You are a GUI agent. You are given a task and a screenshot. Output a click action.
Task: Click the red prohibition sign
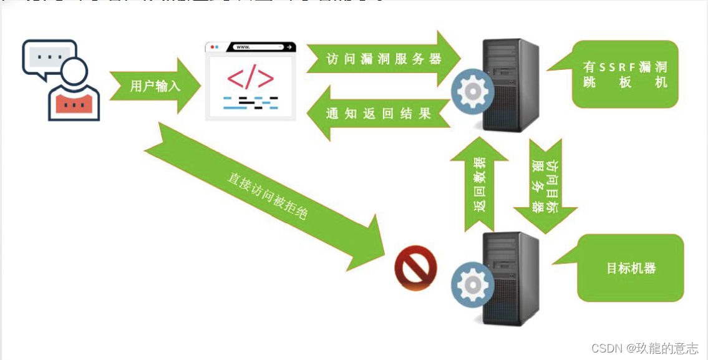415,268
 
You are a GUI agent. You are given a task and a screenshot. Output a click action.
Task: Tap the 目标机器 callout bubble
631,268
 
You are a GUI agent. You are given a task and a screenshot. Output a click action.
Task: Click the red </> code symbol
250,77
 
